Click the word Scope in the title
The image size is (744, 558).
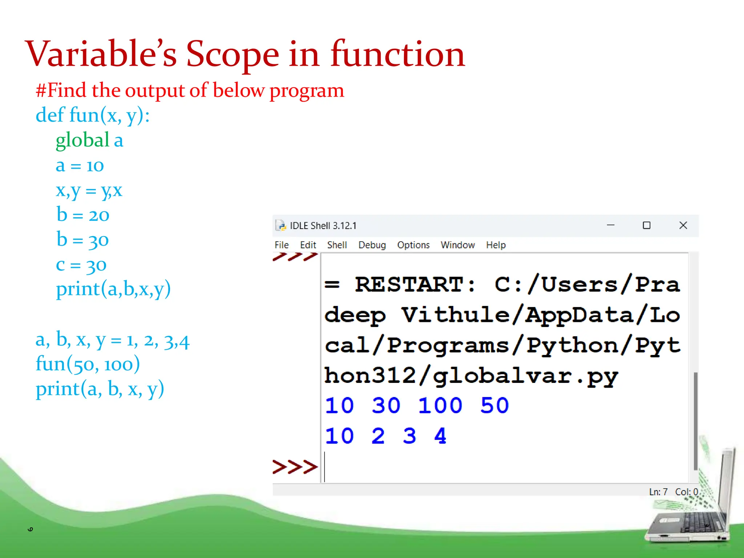click(232, 54)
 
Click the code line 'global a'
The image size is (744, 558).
click(89, 140)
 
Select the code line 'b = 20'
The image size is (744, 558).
click(83, 215)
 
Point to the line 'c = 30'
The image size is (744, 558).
click(81, 265)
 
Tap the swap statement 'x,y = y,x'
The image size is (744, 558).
click(89, 190)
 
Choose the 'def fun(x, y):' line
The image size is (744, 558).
click(93, 115)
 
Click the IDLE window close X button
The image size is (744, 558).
click(683, 226)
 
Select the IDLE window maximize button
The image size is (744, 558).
click(647, 226)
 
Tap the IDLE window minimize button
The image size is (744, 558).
click(611, 226)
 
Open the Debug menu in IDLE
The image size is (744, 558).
click(372, 245)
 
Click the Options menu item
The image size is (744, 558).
click(413, 245)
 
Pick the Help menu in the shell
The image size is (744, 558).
click(496, 245)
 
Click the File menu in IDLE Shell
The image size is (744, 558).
click(282, 245)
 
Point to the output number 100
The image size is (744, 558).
click(440, 405)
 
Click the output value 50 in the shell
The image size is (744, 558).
click(494, 405)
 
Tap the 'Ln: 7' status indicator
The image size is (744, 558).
click(658, 492)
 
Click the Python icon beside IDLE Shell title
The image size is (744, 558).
click(280, 226)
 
